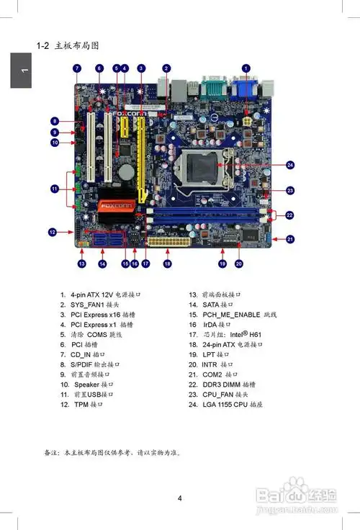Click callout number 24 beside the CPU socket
(290, 164)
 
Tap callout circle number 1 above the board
(246, 68)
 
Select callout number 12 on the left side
(53, 232)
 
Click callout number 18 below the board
(167, 264)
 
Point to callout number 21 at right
(290, 238)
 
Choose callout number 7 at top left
(77, 68)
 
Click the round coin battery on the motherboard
(127, 171)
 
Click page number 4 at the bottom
(180, 498)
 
